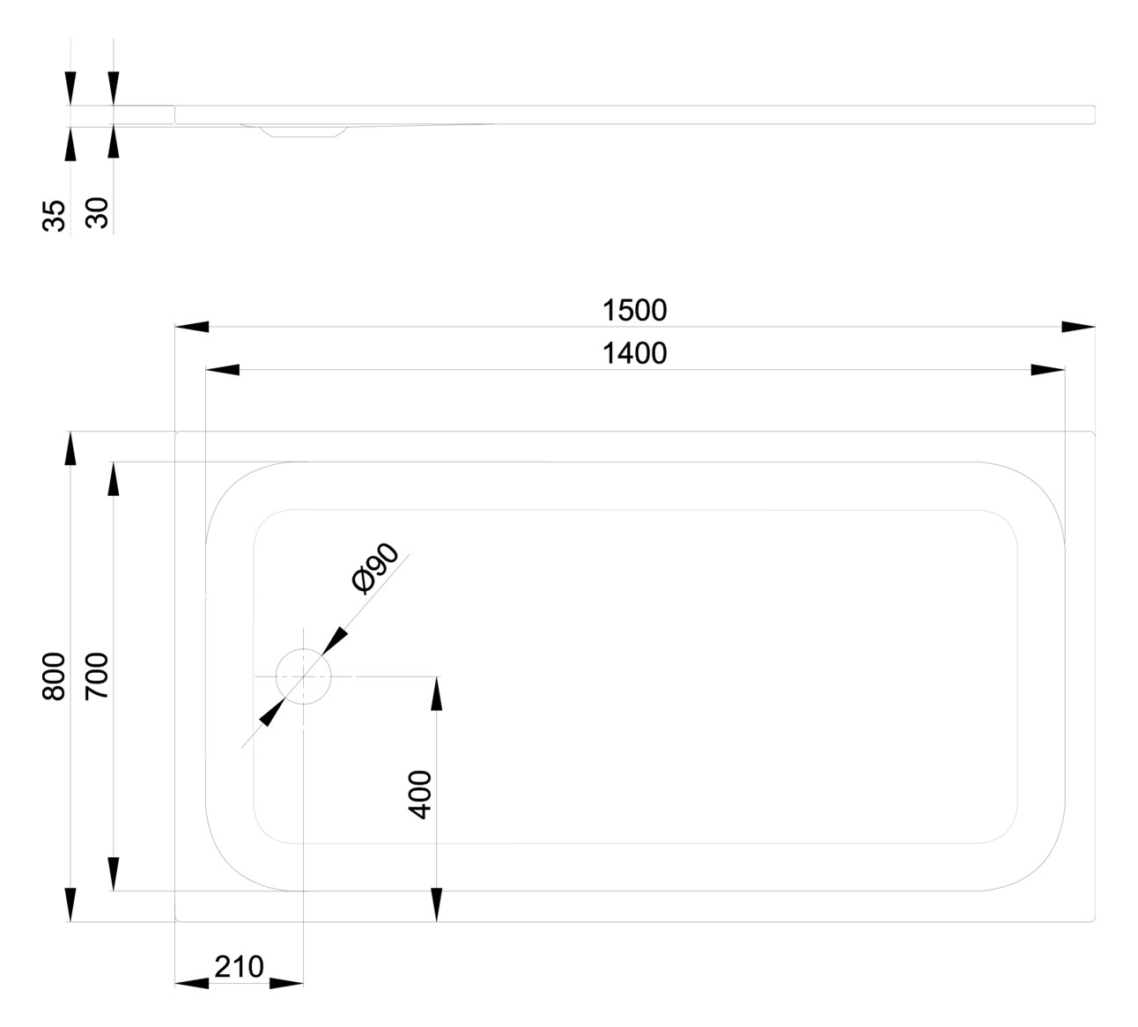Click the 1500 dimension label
pyautogui.click(x=634, y=310)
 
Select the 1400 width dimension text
pyautogui.click(x=634, y=353)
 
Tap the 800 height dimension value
pyautogui.click(x=54, y=676)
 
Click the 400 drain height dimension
pyautogui.click(x=421, y=794)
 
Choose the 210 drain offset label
pyautogui.click(x=239, y=966)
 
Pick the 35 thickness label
pyautogui.click(x=54, y=215)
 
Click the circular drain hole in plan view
pyautogui.click(x=303, y=676)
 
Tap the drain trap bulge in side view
pyautogui.click(x=302, y=131)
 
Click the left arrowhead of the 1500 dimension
pyautogui.click(x=192, y=327)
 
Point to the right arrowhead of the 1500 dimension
pyautogui.click(x=1078, y=327)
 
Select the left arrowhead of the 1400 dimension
pyautogui.click(x=222, y=370)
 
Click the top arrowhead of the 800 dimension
pyautogui.click(x=70, y=448)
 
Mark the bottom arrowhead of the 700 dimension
pyautogui.click(x=113, y=874)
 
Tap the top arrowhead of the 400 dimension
pyautogui.click(x=436, y=693)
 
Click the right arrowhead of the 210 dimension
pyautogui.click(x=286, y=983)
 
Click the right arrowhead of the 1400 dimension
pyautogui.click(x=1048, y=370)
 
